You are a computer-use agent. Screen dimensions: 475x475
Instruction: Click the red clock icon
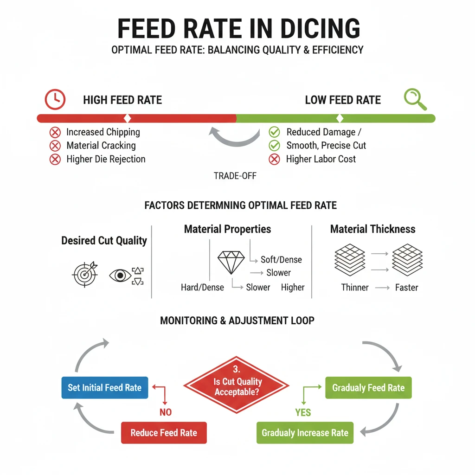[x=55, y=99]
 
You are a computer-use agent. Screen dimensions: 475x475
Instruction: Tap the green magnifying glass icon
[x=414, y=99]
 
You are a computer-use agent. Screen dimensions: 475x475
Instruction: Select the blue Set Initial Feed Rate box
[x=104, y=388]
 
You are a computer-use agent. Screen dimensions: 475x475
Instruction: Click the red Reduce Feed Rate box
[x=163, y=433]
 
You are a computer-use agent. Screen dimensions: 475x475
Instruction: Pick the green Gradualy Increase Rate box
[x=305, y=433]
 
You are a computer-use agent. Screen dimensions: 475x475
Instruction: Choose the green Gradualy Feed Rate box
[x=368, y=388]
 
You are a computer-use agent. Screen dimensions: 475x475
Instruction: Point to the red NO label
[x=165, y=412]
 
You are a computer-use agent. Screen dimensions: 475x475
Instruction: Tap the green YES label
[x=303, y=412]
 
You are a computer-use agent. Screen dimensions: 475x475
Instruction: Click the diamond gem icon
[x=231, y=263]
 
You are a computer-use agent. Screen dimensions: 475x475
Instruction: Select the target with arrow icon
[x=85, y=274]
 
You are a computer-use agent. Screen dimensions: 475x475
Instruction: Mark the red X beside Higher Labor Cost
[x=275, y=159]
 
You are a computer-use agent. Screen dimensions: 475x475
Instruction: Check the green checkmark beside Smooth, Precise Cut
[x=275, y=146]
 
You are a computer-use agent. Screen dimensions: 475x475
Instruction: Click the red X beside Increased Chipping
[x=55, y=132]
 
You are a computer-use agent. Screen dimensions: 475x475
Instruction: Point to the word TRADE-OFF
[x=235, y=176]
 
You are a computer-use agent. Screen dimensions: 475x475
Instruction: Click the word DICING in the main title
[x=315, y=29]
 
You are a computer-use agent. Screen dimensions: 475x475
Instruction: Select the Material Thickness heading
[x=372, y=229]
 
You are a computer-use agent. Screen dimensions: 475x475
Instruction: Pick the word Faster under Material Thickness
[x=406, y=288]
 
